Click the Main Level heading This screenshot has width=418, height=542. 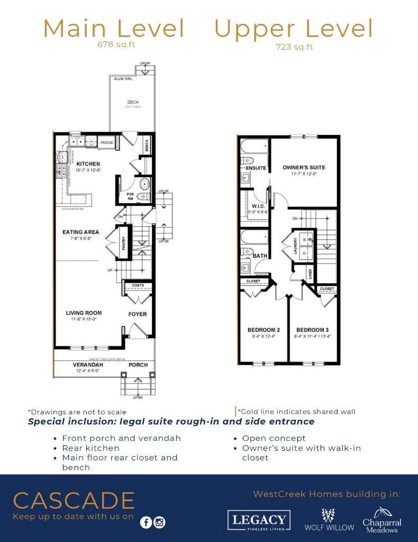[114, 29]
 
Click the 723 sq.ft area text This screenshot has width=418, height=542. [294, 47]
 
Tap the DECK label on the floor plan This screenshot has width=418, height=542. [132, 102]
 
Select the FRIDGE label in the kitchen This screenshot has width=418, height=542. [107, 142]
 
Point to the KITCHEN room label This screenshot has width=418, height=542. [88, 164]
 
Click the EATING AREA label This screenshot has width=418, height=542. [81, 232]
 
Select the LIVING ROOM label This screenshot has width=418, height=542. [84, 313]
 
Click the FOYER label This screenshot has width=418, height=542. [138, 314]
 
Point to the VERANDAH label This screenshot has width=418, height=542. [81, 365]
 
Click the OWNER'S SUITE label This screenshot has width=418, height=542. [304, 168]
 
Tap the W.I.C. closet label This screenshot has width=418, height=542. [258, 206]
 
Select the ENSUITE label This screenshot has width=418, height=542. [256, 168]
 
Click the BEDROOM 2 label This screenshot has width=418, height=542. [263, 330]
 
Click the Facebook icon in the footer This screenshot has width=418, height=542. [146, 522]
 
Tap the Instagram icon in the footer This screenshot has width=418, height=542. [159, 522]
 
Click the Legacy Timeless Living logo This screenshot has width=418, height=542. [259, 520]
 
